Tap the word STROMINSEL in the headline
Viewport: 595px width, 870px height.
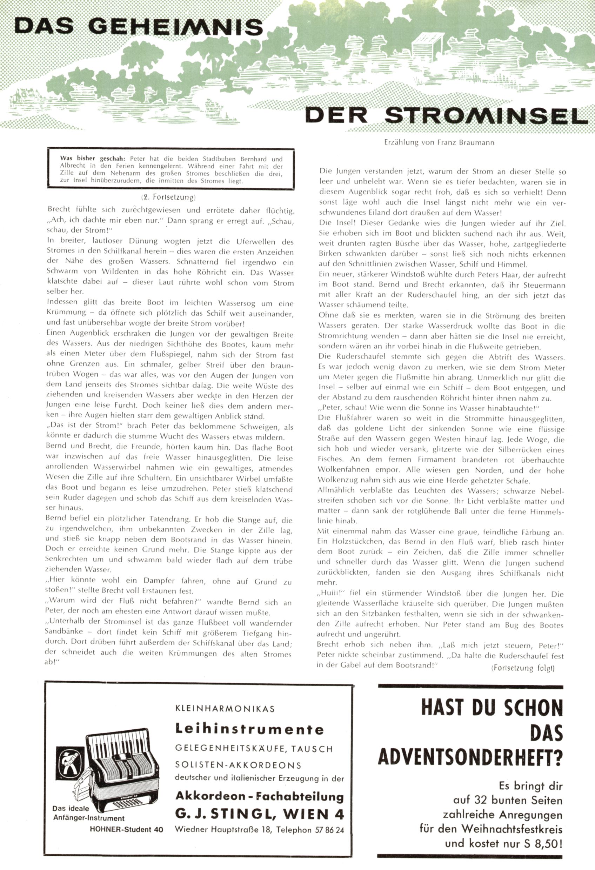pos(486,116)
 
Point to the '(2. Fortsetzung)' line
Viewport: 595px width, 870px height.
pos(168,197)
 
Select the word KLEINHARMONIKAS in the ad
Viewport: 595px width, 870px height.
pos(225,709)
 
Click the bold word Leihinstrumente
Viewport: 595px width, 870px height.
pos(249,729)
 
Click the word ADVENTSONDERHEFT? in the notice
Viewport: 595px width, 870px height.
pos(470,757)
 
